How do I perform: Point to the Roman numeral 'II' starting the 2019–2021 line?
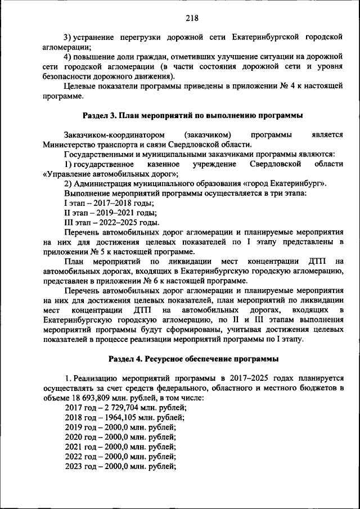click(x=69, y=212)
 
